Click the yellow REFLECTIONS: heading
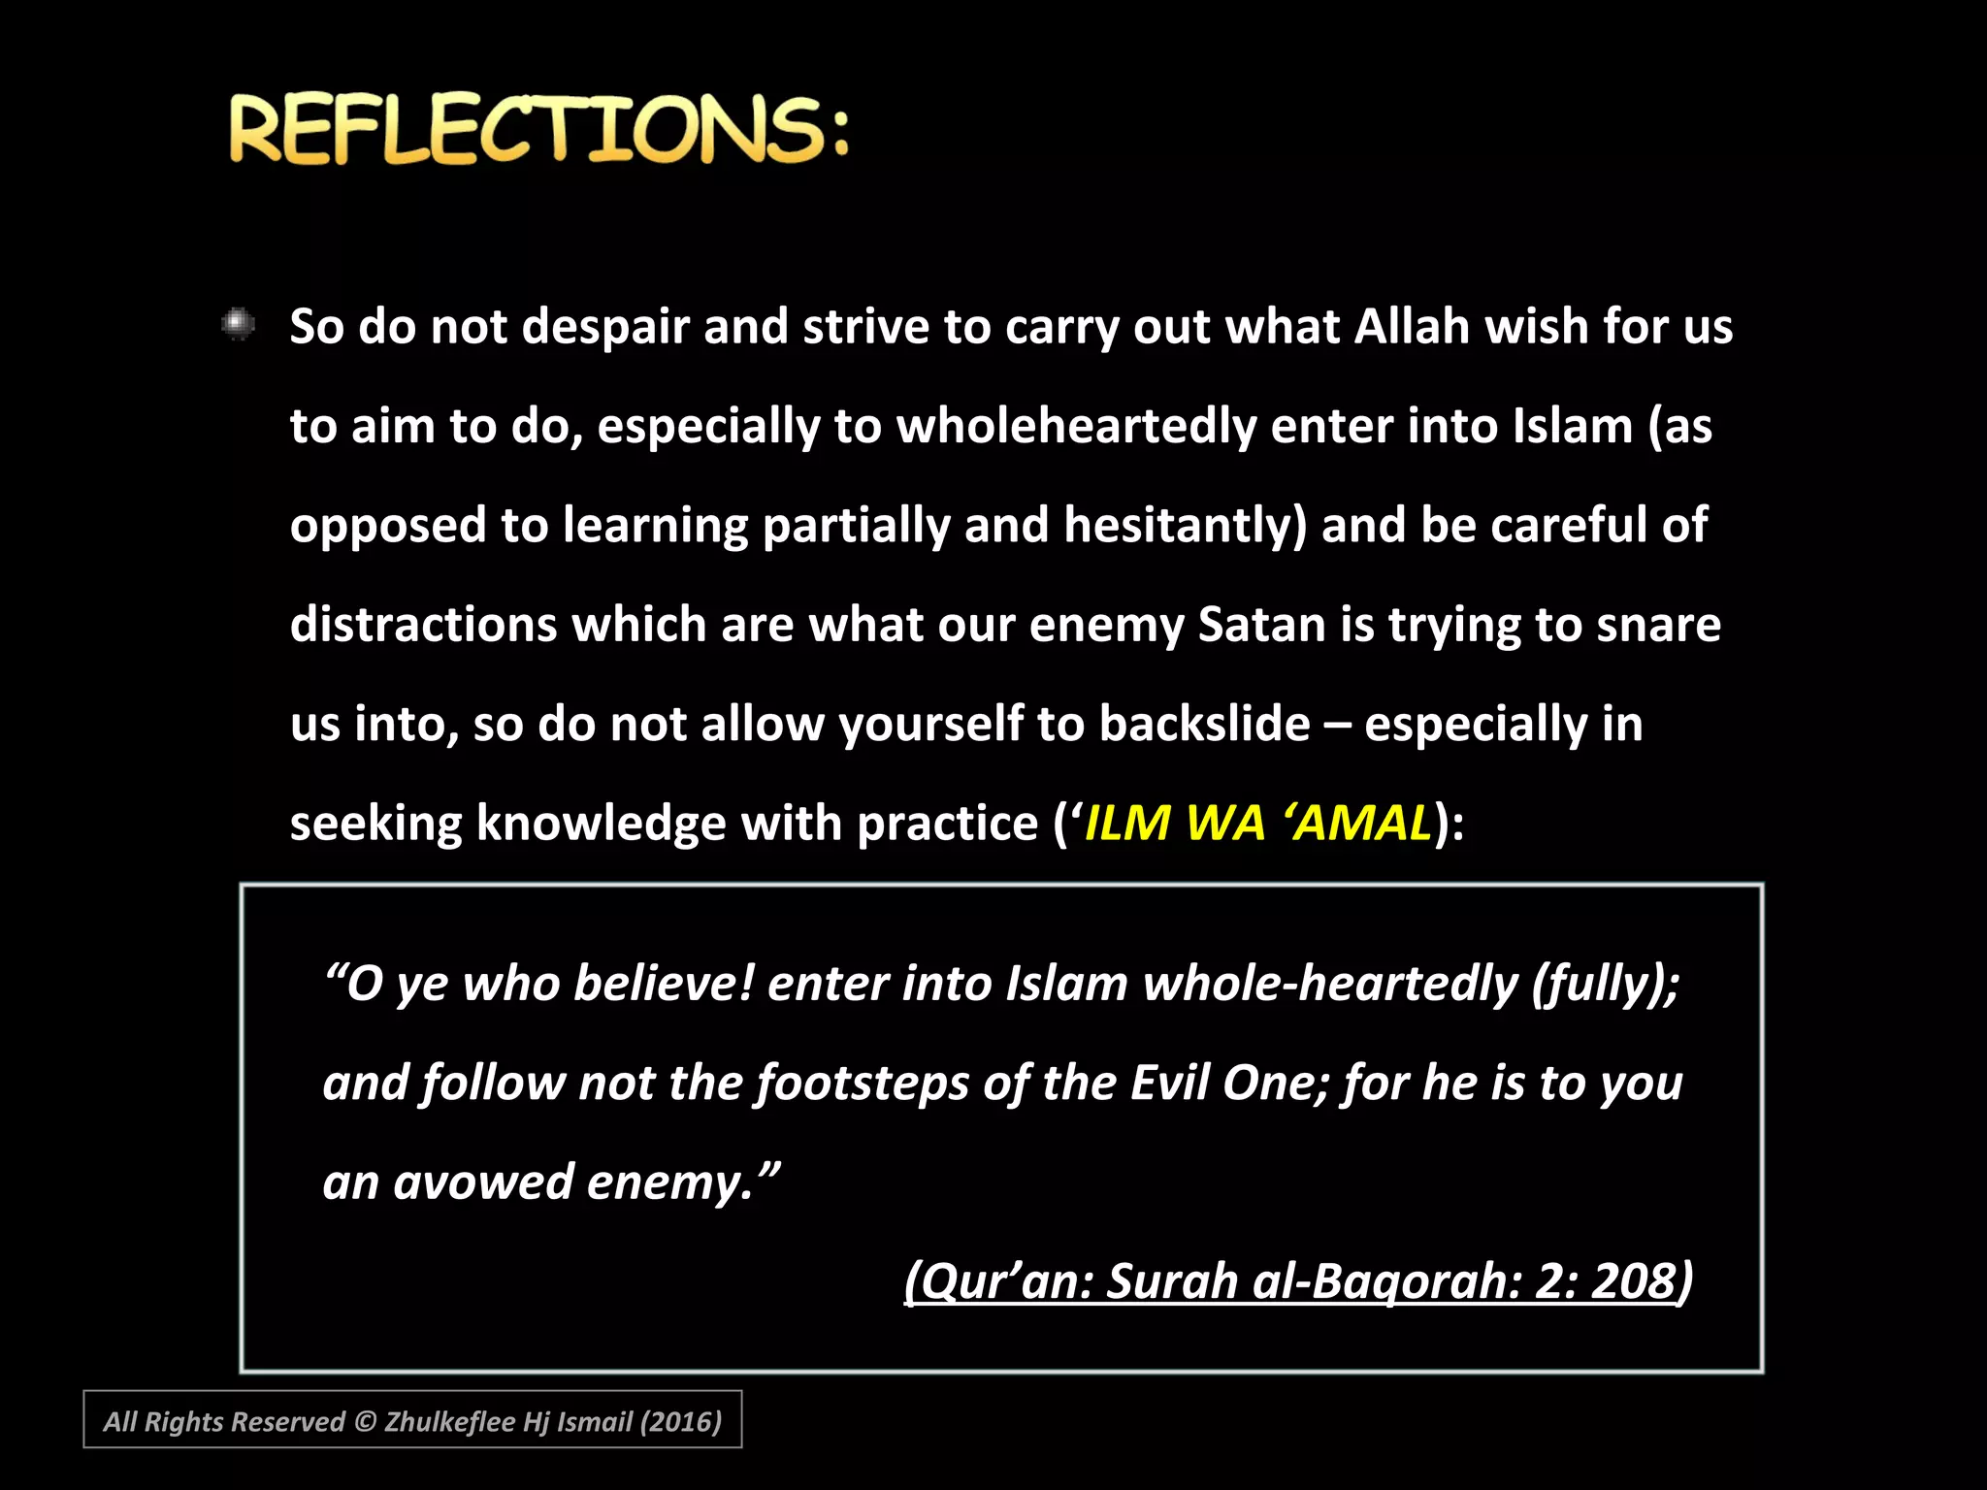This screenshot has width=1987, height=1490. [538, 129]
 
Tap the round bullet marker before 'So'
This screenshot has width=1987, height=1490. [238, 324]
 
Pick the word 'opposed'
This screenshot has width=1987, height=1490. [388, 527]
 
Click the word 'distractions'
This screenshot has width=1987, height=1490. [423, 625]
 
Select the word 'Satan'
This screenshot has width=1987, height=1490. [1261, 625]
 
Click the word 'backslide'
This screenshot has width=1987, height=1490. [1204, 725]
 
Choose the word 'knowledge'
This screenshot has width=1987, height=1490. [601, 825]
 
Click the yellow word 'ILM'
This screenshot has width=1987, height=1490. [1125, 824]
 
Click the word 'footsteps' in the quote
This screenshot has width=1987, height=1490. [863, 1084]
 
